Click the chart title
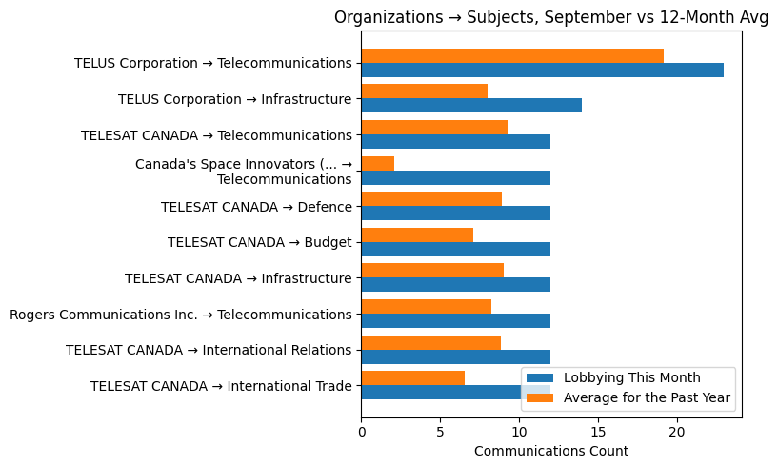(550, 17)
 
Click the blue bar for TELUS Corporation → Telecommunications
(542, 71)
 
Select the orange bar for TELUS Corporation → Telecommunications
(511, 56)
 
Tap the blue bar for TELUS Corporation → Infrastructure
(470, 106)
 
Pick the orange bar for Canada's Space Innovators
(377, 164)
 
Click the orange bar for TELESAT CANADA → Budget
(417, 235)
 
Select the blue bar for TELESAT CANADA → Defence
(455, 214)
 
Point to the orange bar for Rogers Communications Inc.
(426, 307)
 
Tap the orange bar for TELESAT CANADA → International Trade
(412, 378)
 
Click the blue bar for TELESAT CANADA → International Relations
(455, 356)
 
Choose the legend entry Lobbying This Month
(631, 377)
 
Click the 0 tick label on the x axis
(362, 432)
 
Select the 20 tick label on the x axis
(676, 432)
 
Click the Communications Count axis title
(550, 451)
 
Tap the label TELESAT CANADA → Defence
(256, 207)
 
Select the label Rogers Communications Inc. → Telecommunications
(180, 315)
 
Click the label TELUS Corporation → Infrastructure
(234, 99)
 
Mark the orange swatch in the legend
(540, 397)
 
